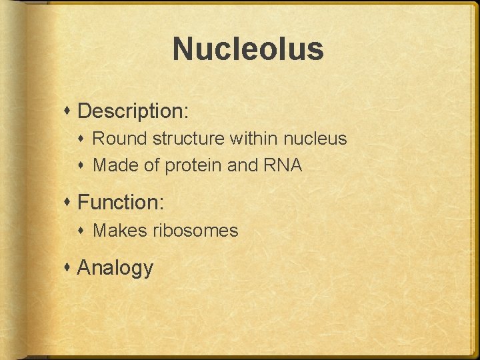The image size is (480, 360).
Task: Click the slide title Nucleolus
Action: (x=248, y=49)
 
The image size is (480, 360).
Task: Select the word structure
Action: (x=189, y=139)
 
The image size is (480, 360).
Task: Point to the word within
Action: (x=255, y=139)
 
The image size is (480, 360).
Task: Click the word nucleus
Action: (x=315, y=139)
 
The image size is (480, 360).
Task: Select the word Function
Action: (x=119, y=201)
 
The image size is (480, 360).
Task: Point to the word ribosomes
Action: (x=195, y=231)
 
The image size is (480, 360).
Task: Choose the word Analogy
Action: (x=115, y=268)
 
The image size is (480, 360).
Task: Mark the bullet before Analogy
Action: (x=69, y=268)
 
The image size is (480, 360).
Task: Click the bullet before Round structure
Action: (x=84, y=139)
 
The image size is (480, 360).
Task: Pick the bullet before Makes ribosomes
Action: (x=84, y=231)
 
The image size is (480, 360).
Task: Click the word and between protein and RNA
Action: (x=241, y=165)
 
